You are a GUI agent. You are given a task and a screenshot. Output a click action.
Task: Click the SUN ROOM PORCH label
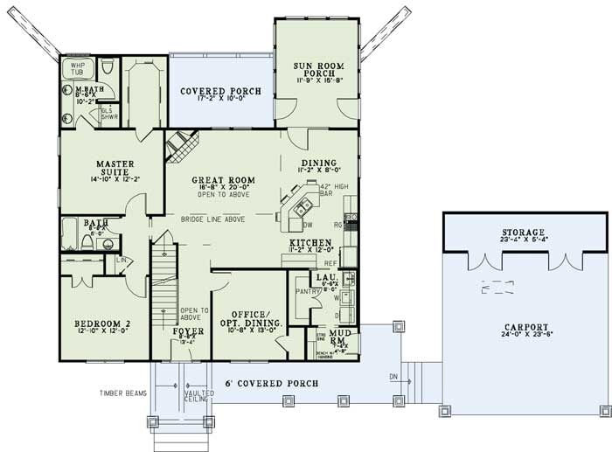316,67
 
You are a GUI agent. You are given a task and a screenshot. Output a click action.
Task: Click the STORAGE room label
523,233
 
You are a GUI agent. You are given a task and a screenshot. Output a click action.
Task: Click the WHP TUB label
78,67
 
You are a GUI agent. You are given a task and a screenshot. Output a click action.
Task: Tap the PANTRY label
303,293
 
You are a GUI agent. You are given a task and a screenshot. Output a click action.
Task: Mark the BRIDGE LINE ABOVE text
212,219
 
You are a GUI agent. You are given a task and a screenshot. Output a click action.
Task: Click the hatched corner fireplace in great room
181,144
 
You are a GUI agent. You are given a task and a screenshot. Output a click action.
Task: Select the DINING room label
318,163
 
